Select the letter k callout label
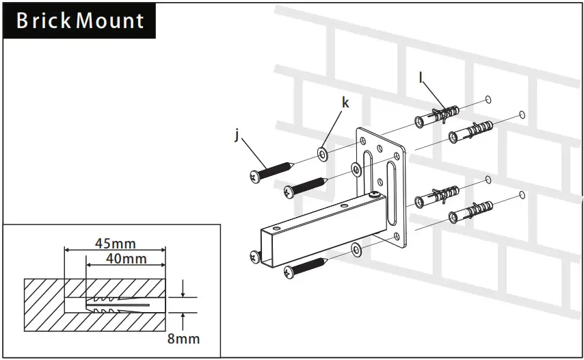345,103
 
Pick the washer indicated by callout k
322,153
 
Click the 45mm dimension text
114,243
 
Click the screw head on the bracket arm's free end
254,257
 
